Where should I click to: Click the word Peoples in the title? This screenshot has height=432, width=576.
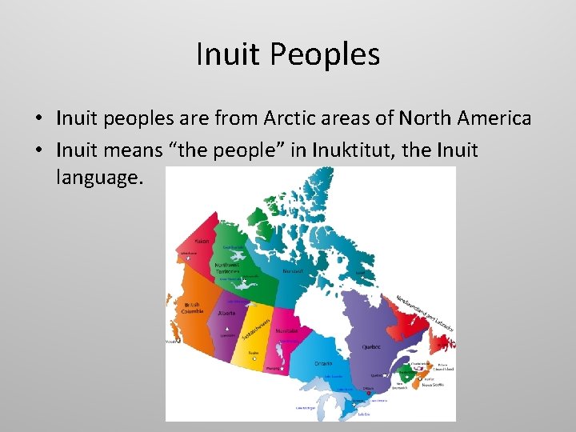(x=324, y=54)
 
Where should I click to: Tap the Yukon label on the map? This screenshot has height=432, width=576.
(x=202, y=241)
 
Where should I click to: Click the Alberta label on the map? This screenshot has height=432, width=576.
(x=226, y=314)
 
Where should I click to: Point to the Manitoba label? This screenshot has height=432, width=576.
(x=286, y=330)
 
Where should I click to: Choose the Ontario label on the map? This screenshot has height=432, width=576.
(x=323, y=363)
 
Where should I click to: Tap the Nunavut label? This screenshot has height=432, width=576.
(x=294, y=271)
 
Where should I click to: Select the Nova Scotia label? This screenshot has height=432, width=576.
(x=434, y=385)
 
